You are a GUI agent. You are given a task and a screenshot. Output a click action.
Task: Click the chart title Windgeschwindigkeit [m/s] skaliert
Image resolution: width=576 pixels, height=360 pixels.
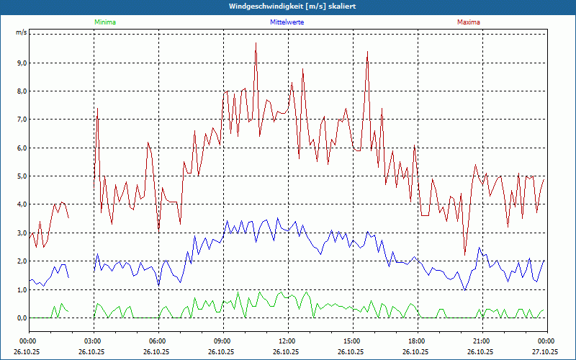coord(287,6)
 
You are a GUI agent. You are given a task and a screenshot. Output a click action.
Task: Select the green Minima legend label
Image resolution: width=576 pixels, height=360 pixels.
coord(104,22)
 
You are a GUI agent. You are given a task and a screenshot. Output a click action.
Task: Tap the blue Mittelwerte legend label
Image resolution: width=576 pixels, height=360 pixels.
coord(287,22)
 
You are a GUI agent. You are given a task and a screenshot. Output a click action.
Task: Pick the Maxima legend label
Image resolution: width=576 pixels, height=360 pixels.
coord(468,22)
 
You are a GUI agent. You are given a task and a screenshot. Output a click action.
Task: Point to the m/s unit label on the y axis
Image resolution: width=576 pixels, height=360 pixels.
coord(21,33)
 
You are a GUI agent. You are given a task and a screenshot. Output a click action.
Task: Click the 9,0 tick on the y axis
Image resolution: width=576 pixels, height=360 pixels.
coord(21,63)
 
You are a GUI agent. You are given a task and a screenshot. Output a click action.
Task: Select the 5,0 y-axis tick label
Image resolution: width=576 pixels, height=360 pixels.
coord(21,176)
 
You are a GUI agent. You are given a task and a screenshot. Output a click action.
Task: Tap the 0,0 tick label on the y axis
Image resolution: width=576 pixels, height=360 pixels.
coord(21,318)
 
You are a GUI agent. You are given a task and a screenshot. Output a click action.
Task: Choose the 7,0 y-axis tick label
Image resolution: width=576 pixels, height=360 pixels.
coord(21,120)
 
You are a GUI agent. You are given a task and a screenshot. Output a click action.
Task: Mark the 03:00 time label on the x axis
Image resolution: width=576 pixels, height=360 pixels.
coord(93,341)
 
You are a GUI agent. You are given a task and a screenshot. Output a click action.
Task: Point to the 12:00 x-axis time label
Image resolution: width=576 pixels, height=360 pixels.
coord(287,341)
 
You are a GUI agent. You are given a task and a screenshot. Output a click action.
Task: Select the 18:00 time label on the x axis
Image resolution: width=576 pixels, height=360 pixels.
coord(417,341)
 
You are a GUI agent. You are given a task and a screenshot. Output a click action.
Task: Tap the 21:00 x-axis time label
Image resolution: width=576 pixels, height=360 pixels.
coord(482,341)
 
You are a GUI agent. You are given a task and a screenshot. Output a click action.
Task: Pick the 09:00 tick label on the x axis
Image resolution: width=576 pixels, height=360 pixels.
coord(222,341)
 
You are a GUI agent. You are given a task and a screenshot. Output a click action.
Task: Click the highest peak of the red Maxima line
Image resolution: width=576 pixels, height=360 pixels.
coord(256,43)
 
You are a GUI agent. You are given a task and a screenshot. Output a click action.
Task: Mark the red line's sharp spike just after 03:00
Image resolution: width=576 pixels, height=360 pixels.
coord(97,109)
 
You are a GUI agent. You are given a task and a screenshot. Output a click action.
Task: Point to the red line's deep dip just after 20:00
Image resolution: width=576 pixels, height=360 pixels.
coord(465,253)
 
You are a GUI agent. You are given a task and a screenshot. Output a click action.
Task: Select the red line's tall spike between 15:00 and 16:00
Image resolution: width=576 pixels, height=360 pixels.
coord(367,52)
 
